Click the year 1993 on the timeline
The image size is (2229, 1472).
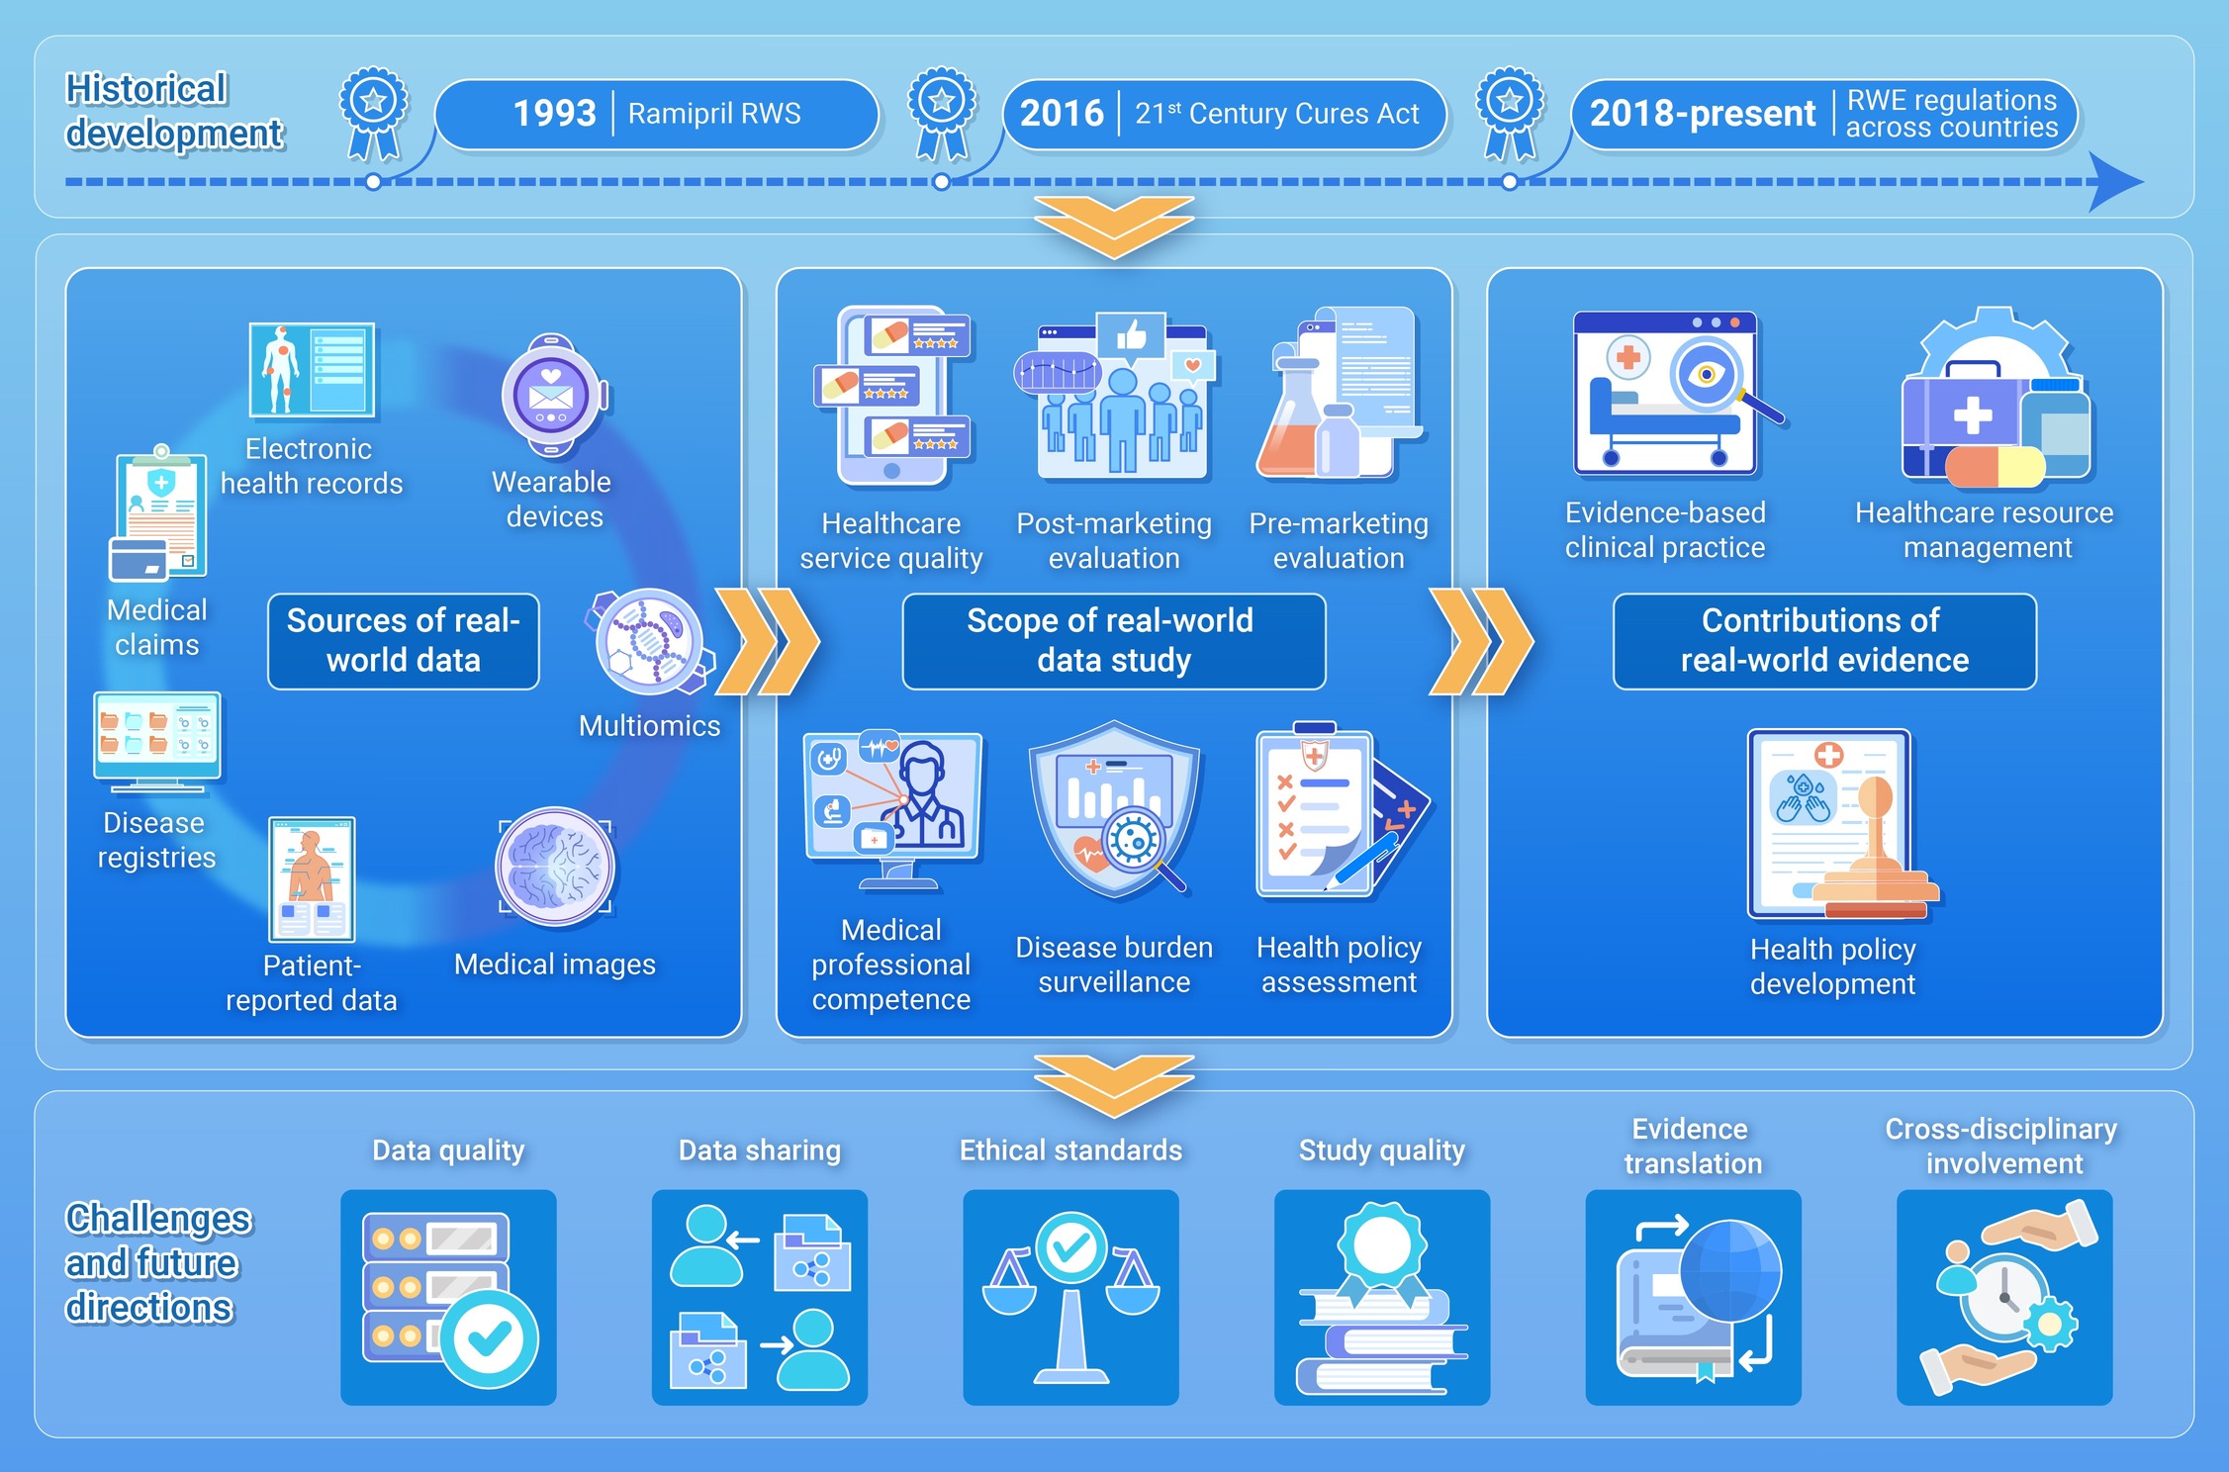554,114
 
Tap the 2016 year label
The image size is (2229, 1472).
1061,114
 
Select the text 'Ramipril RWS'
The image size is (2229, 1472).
714,114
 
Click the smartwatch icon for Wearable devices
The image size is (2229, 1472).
552,396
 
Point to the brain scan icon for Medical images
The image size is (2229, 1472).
555,867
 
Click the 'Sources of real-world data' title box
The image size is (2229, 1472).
404,641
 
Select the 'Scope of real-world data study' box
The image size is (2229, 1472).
1113,641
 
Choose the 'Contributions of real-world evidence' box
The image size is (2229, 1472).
1824,641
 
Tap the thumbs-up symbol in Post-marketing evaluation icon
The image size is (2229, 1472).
1131,337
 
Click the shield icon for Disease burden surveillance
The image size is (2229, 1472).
1114,806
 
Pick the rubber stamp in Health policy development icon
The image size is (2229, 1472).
1873,851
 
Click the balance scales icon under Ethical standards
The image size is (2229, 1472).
1070,1296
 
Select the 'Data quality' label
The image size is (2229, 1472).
448,1150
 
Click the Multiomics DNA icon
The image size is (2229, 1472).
649,640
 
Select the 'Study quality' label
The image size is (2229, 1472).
1381,1150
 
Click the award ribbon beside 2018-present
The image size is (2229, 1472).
1509,112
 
